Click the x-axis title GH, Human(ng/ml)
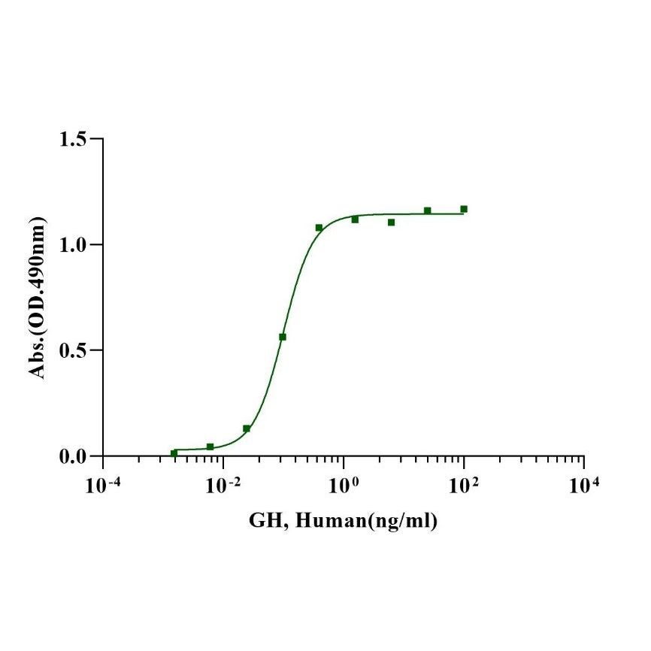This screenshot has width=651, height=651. coord(344,521)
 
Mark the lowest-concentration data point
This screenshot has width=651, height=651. coord(174,453)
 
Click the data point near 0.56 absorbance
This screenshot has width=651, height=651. coord(283,337)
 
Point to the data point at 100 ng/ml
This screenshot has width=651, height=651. coord(464,209)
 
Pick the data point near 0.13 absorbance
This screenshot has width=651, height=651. coord(247,428)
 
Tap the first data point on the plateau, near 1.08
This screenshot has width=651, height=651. coord(319,227)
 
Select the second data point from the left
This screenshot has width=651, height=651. coord(210,447)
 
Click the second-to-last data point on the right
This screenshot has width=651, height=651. coord(427,210)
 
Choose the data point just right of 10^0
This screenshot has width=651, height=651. coord(355,220)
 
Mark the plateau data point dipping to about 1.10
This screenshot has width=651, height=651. coord(391,223)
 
